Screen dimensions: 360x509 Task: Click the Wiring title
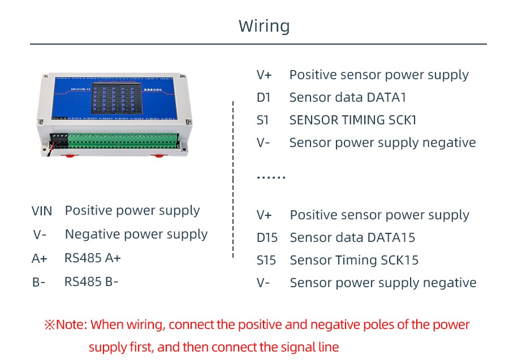coord(264,26)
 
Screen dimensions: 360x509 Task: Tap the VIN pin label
coord(42,211)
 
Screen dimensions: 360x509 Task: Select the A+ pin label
coord(40,259)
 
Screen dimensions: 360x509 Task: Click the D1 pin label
coord(264,98)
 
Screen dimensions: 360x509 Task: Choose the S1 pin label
coord(263,120)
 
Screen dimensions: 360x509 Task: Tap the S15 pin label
coord(266,261)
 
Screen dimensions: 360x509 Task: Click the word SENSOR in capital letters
coord(314,120)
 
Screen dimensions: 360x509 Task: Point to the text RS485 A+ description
coord(93,258)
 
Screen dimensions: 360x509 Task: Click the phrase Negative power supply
coord(136,234)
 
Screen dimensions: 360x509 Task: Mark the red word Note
coord(71,325)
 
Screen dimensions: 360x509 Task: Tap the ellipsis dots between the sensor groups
coord(271,177)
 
